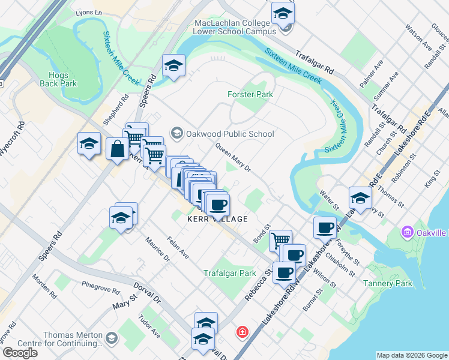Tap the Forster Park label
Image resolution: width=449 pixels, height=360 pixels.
click(250, 94)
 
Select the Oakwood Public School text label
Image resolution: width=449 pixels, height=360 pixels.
click(231, 134)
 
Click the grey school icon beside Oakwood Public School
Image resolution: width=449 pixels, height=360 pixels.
click(176, 132)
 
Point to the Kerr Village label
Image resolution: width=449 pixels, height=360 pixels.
click(217, 220)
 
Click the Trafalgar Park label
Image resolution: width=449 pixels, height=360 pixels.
click(229, 273)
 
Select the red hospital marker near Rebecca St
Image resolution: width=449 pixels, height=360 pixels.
click(243, 332)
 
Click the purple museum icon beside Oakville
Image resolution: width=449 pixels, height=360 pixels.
click(407, 232)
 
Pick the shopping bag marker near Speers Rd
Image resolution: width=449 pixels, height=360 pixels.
click(117, 149)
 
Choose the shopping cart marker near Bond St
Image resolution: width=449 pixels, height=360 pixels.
click(280, 241)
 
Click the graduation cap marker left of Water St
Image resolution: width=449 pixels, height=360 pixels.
click(360, 197)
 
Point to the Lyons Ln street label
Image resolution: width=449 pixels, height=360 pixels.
click(90, 13)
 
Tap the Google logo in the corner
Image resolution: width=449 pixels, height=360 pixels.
click(20, 353)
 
